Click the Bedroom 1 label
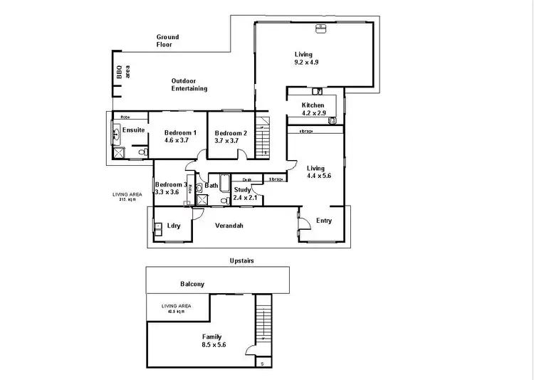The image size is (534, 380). pos(180,133)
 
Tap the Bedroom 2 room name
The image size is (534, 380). pos(231,133)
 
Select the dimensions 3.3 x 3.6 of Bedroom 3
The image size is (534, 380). pos(169,192)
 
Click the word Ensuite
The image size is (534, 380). pos(133,130)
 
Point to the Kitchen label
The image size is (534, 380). pos(313,105)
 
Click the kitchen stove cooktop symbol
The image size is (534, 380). pos(332,121)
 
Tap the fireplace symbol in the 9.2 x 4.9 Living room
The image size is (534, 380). pos(320,28)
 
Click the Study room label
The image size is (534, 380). pos(242,189)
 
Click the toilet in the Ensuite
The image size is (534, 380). pos(142,152)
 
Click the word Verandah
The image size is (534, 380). pos(229,226)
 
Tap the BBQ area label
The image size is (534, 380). pos(118,73)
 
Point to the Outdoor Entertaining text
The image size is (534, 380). pos(189,85)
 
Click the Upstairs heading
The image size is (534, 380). pos(241,260)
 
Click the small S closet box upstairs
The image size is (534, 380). pos(262,364)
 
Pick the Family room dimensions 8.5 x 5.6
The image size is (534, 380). pos(211,345)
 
